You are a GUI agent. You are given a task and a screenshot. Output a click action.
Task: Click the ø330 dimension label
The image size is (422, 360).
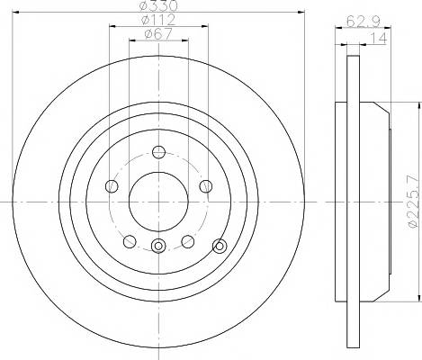(x=159, y=5)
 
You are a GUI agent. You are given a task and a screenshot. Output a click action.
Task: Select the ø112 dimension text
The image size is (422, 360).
(x=158, y=20)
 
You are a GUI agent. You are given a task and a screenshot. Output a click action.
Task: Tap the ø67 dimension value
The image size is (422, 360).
(x=158, y=34)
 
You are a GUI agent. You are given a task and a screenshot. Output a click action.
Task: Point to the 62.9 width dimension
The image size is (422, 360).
(x=364, y=22)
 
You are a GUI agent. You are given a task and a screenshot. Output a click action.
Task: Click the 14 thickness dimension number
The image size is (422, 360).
(x=379, y=39)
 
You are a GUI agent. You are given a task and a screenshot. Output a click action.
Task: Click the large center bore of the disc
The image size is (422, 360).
(x=158, y=202)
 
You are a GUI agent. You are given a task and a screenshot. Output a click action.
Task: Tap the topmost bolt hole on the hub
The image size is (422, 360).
(x=158, y=152)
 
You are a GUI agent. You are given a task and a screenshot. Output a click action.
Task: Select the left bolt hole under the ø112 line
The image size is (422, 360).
(x=112, y=186)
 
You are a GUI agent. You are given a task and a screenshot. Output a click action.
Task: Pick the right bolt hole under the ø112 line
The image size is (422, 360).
(x=206, y=186)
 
